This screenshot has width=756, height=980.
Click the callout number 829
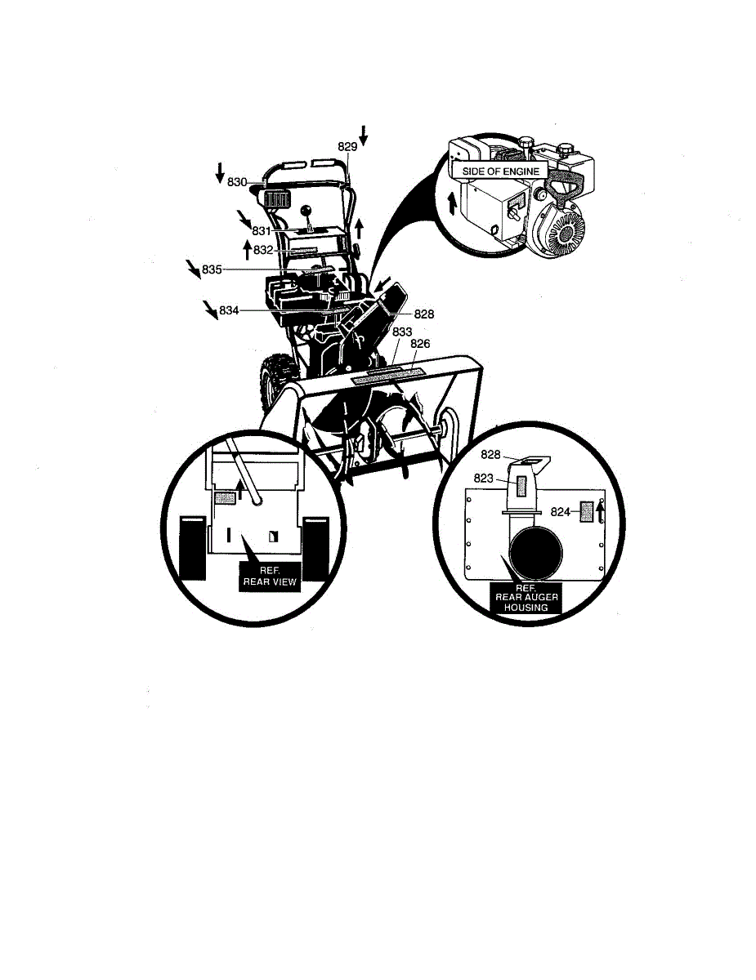(x=347, y=145)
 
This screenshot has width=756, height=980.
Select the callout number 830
(x=238, y=181)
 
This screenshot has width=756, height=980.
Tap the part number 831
(x=261, y=230)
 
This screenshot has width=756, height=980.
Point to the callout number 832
(x=263, y=250)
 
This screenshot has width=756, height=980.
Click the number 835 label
(x=212, y=269)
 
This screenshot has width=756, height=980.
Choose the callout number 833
(x=402, y=332)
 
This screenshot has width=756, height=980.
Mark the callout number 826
(x=420, y=344)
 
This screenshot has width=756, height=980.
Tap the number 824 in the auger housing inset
(x=560, y=512)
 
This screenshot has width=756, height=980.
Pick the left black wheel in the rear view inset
(x=194, y=547)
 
